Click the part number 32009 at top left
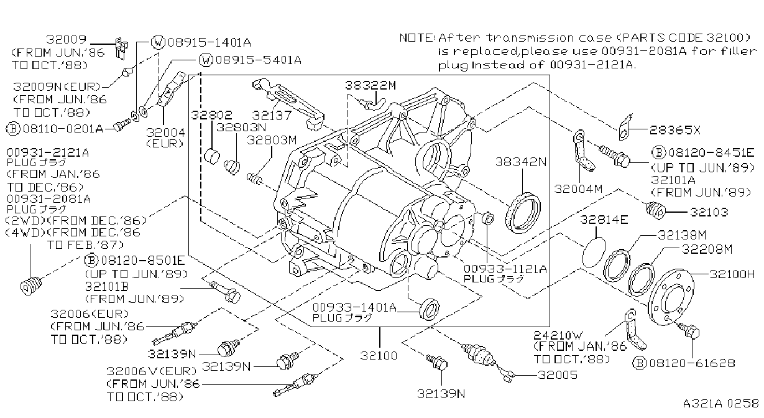(66, 39)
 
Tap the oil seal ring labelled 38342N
(523, 213)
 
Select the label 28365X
(674, 130)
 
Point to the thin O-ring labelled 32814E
(594, 253)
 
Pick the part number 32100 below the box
(379, 356)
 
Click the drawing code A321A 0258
(720, 403)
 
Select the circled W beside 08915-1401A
(158, 42)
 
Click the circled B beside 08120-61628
(639, 363)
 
